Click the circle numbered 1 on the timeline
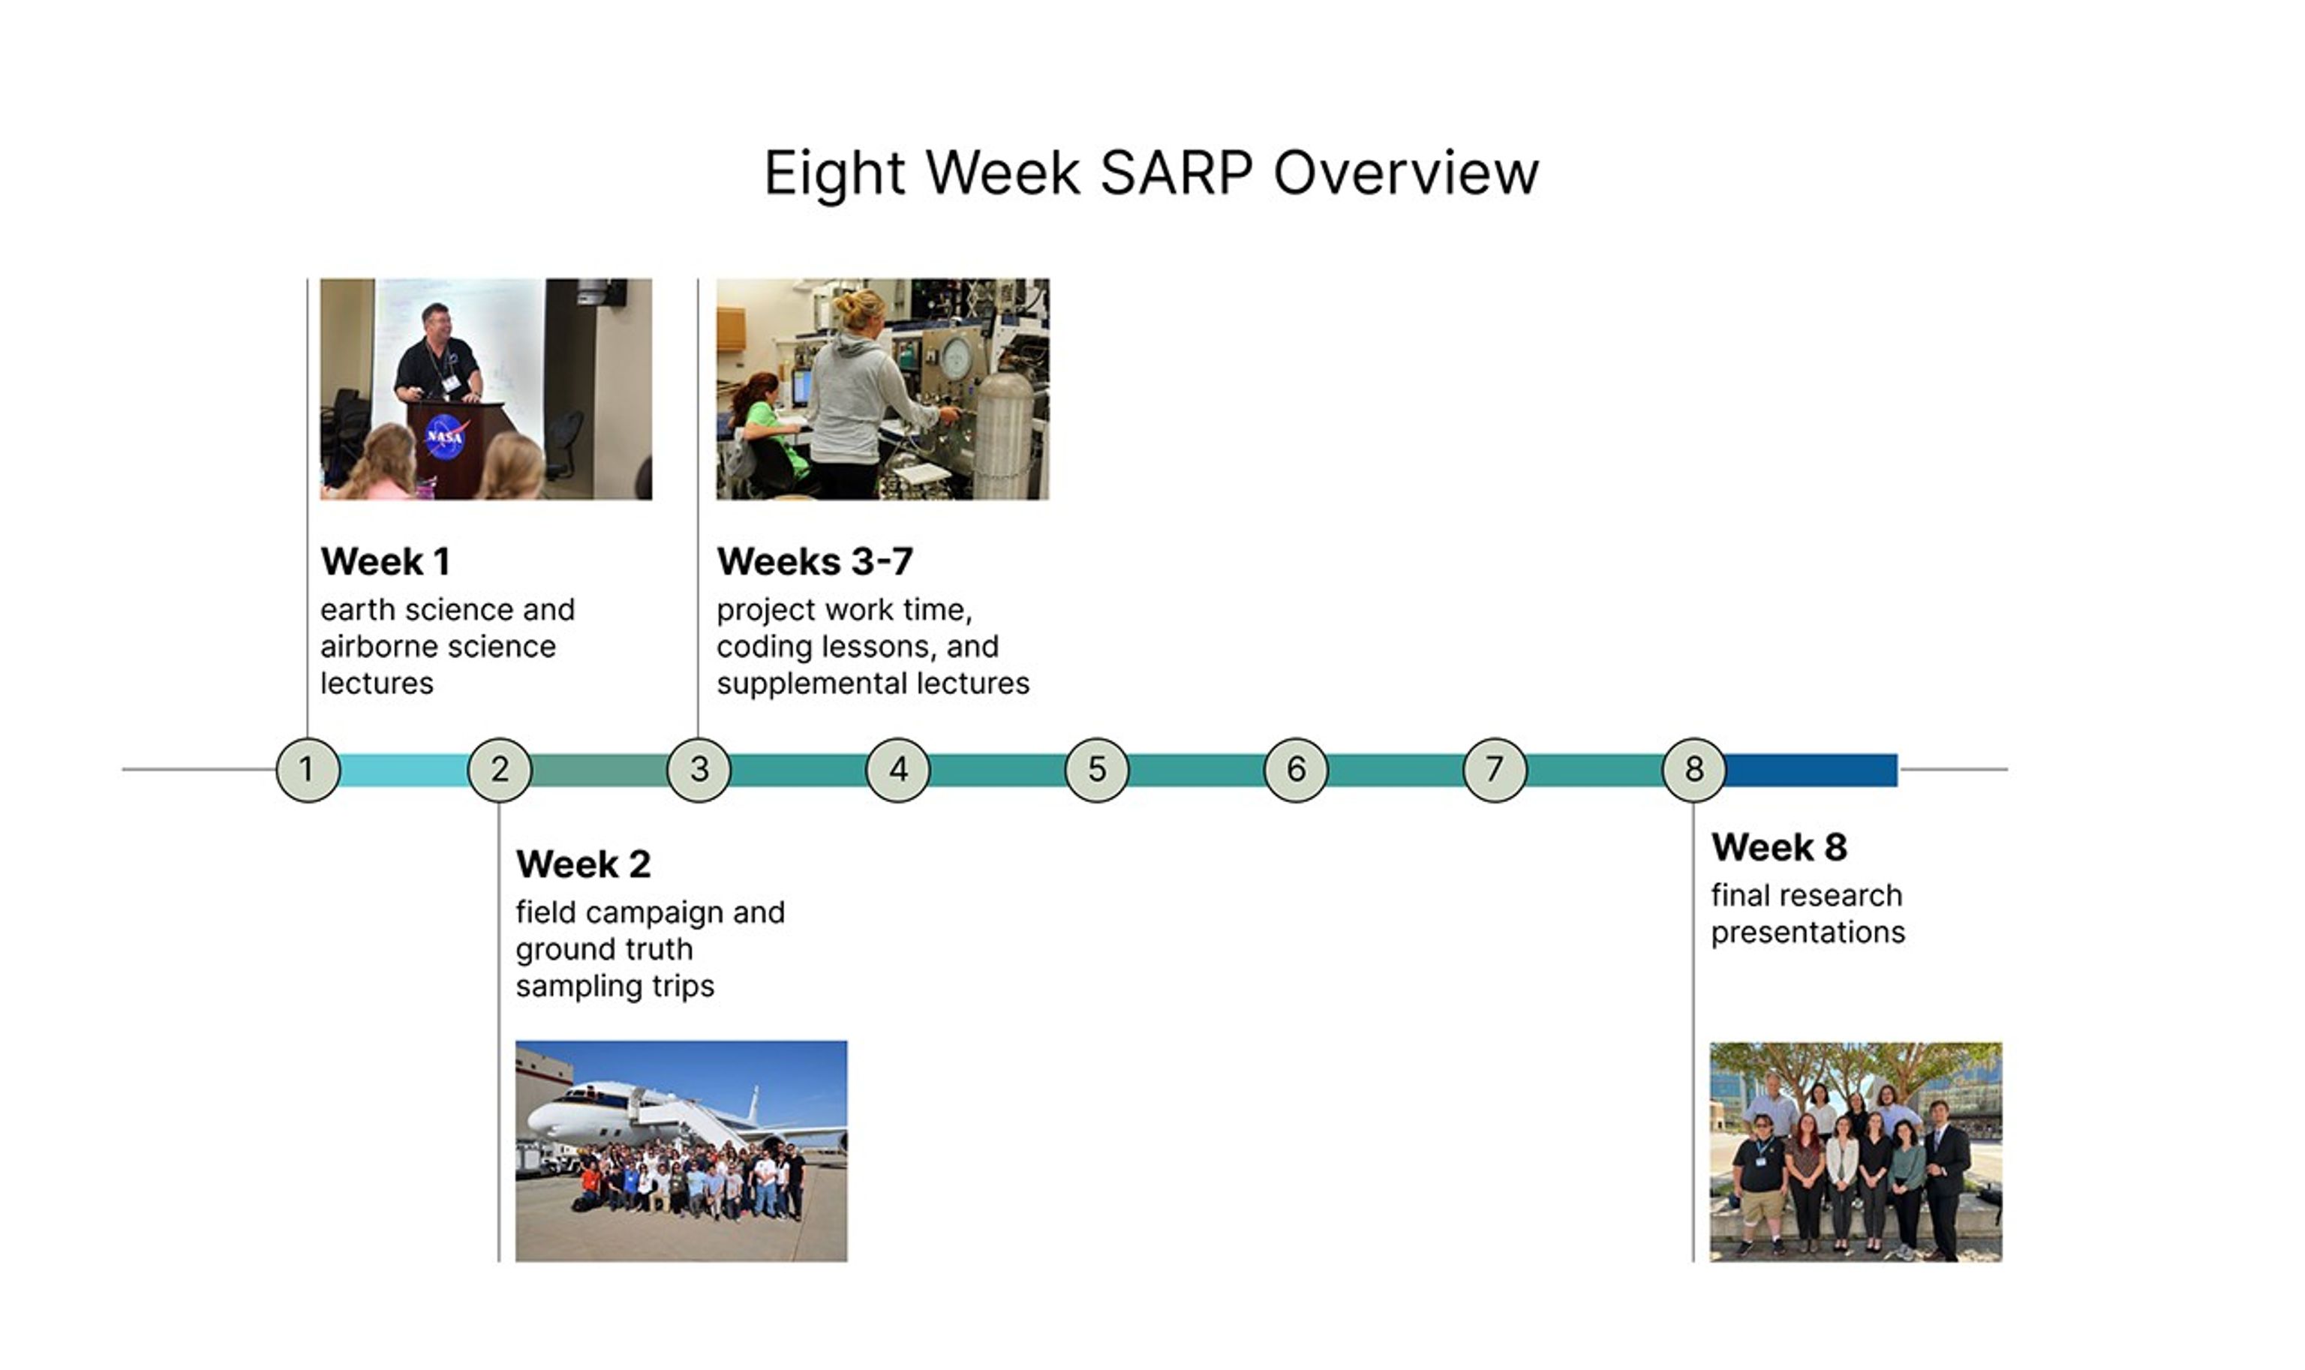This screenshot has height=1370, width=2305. tap(308, 769)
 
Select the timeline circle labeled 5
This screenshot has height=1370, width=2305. tap(1097, 769)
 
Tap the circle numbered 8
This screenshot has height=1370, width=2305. tap(1693, 769)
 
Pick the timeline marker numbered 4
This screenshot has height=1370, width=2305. tap(898, 769)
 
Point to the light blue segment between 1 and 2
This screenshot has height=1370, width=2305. tap(404, 770)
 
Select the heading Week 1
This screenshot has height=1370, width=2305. tap(385, 561)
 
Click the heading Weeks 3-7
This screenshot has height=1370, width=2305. tap(814, 561)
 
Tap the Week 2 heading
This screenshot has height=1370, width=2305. tap(582, 864)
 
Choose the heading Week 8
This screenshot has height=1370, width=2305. tap(1778, 846)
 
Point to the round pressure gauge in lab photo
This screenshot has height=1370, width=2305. tap(957, 356)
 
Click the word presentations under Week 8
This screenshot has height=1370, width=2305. tap(1807, 933)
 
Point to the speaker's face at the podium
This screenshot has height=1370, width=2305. tap(436, 323)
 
